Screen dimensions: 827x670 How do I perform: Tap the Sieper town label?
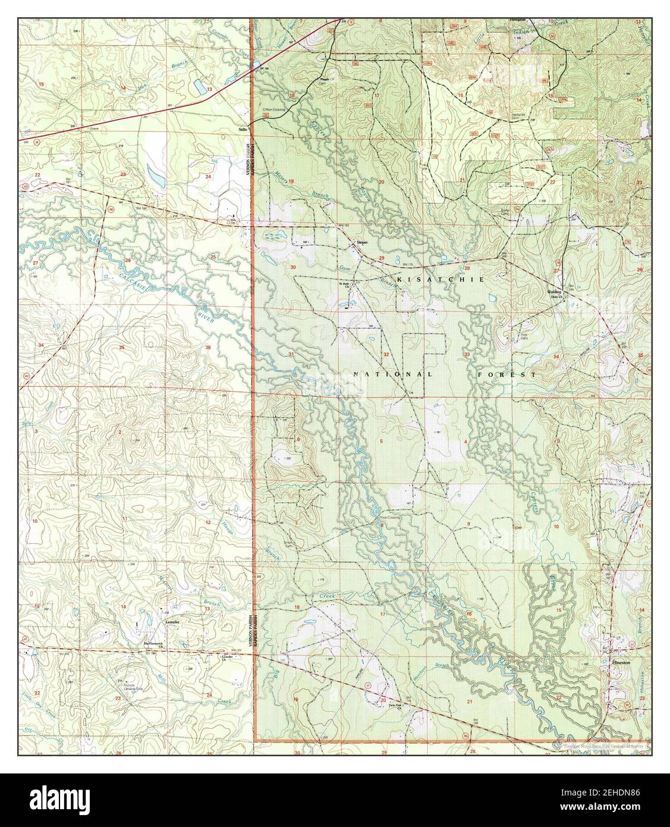pos(362,243)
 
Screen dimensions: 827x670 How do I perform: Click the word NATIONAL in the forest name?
pos(392,374)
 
